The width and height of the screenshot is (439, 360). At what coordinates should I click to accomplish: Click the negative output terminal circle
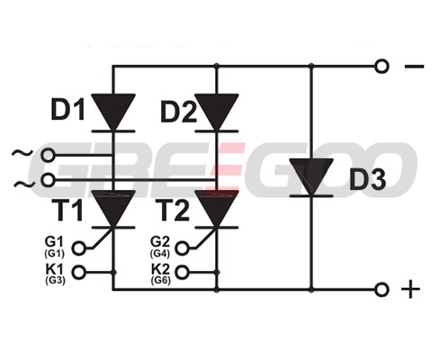tap(381, 67)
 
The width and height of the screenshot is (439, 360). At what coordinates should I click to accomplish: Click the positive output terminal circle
tap(381, 290)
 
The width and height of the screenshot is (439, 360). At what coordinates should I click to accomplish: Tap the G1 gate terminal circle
tap(79, 248)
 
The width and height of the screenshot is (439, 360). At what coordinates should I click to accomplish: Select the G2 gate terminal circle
tap(182, 248)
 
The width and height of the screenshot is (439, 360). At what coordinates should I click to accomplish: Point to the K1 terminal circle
tap(79, 272)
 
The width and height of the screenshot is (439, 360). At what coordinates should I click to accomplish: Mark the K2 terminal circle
tap(182, 272)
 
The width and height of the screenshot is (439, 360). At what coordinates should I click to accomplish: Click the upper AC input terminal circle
tap(48, 156)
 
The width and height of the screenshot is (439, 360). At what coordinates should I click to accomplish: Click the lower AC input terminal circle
tap(48, 180)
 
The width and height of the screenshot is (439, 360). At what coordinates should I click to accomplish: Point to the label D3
tap(368, 179)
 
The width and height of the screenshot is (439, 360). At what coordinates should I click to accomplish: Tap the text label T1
tap(67, 211)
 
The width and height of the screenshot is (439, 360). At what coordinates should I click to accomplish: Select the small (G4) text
tap(160, 254)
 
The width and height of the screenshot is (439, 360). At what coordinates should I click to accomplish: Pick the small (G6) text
tap(161, 280)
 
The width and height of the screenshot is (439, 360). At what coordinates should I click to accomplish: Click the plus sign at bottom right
tap(410, 290)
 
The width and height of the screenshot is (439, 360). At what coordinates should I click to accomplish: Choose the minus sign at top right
tap(415, 67)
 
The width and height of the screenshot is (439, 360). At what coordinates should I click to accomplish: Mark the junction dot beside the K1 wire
tap(113, 273)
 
